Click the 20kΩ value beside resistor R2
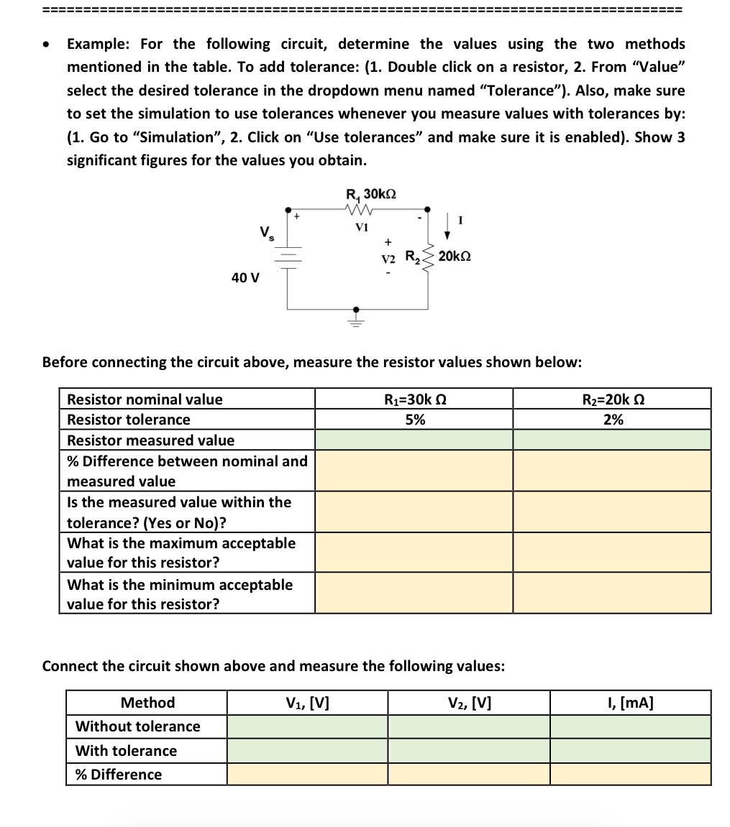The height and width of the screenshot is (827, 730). click(x=455, y=257)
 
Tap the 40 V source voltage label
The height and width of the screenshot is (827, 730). click(x=245, y=277)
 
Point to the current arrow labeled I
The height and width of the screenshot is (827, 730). click(x=449, y=224)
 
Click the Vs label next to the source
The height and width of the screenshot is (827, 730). click(x=265, y=233)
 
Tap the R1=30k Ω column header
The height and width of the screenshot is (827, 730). click(x=414, y=399)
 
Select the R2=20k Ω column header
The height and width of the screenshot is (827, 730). click(x=612, y=399)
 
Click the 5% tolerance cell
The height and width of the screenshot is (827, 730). click(x=414, y=420)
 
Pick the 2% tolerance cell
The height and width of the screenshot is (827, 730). click(x=612, y=420)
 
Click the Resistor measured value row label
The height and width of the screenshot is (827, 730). click(x=150, y=440)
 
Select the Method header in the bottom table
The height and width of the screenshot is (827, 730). click(x=147, y=703)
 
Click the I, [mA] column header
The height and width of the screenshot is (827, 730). click(x=630, y=703)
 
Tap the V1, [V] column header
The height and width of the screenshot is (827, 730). click(x=307, y=703)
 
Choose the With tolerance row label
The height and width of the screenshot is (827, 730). click(x=126, y=751)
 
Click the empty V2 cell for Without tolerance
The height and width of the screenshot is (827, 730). click(x=469, y=726)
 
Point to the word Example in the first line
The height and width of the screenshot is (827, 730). click(x=97, y=44)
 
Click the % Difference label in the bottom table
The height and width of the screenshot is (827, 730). click(x=119, y=775)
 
